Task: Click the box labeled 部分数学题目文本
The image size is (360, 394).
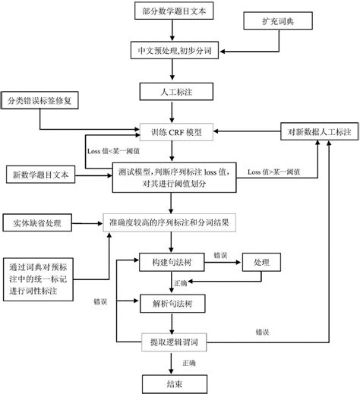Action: click(x=174, y=11)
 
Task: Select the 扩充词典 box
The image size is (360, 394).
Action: click(x=278, y=20)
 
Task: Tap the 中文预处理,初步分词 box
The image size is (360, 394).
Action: click(x=175, y=50)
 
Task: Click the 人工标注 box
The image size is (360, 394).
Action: click(x=176, y=92)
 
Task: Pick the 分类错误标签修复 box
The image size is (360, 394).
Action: click(x=39, y=100)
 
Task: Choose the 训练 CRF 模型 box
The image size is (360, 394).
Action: click(x=176, y=132)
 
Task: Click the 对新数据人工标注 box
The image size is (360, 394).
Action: click(x=320, y=131)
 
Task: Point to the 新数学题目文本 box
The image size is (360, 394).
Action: click(x=40, y=175)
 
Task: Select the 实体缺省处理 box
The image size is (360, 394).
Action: click(x=37, y=222)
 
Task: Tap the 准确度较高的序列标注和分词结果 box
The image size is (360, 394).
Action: click(x=169, y=222)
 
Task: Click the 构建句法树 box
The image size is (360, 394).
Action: click(x=172, y=262)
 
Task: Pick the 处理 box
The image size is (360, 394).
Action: click(x=261, y=262)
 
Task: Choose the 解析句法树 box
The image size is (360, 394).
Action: click(x=172, y=304)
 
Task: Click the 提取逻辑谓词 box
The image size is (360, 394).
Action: click(x=174, y=342)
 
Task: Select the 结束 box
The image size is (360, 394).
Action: click(x=175, y=384)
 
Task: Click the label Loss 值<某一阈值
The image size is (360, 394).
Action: click(x=113, y=151)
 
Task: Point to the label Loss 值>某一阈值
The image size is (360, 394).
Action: click(x=274, y=172)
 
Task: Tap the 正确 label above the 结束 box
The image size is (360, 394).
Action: click(x=189, y=363)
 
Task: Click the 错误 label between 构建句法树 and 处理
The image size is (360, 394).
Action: click(x=220, y=255)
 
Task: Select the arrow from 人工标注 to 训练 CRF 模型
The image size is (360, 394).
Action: click(x=172, y=112)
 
